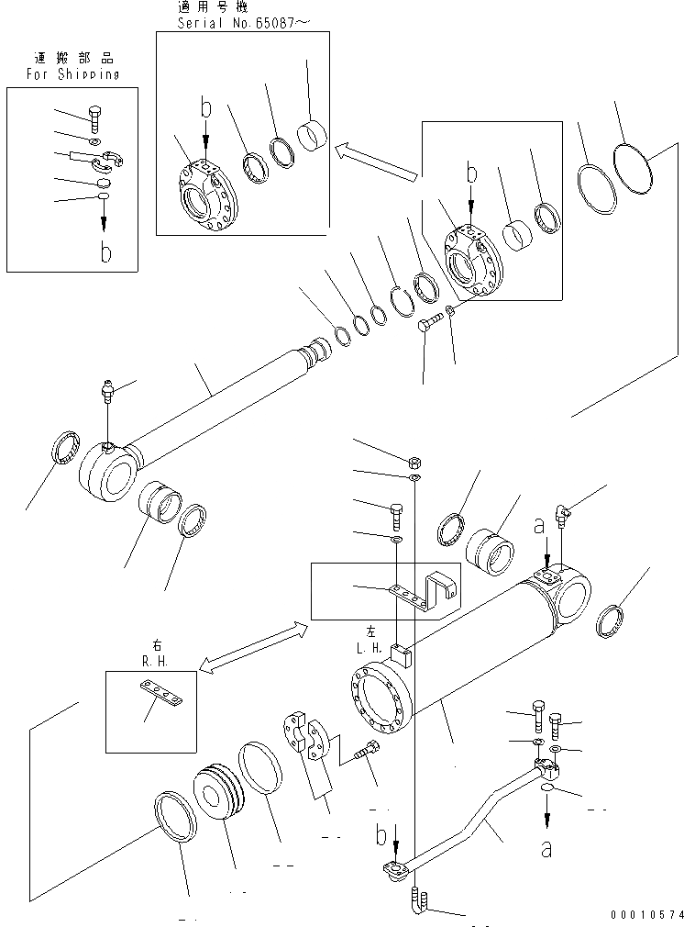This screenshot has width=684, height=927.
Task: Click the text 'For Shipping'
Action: (x=72, y=74)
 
